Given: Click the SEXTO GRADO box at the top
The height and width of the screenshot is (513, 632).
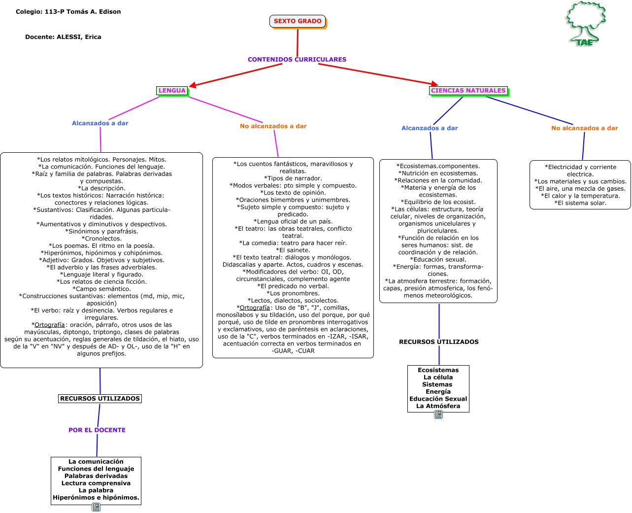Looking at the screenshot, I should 298,21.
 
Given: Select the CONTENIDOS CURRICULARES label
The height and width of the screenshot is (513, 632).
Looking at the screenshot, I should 297,60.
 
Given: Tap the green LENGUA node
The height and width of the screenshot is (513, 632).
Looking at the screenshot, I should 172,91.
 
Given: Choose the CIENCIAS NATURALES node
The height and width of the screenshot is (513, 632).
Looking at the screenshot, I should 468,91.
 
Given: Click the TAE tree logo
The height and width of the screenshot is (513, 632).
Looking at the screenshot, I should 585,24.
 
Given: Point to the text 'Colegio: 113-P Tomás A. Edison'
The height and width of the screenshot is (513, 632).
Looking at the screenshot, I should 68,12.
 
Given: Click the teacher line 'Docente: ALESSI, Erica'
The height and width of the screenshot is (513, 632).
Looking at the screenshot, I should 63,37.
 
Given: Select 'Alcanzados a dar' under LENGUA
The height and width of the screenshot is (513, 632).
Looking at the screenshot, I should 100,123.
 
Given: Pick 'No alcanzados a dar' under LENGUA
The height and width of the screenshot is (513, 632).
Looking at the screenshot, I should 273,126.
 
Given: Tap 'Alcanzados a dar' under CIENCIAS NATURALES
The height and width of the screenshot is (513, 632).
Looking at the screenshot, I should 430,128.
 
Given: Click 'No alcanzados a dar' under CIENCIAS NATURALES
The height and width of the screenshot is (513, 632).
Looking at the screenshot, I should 584,128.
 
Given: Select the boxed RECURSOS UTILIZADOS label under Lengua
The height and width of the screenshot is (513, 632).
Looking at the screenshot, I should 100,399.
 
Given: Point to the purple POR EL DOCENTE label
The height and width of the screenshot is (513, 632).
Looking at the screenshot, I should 97,430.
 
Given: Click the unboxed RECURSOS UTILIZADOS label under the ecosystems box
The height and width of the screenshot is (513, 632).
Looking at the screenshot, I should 438,342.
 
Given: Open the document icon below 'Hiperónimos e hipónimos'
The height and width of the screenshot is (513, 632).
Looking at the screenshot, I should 96,507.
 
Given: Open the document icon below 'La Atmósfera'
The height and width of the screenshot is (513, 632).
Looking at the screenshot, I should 438,415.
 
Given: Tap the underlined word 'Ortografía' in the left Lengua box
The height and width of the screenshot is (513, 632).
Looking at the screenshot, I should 50,325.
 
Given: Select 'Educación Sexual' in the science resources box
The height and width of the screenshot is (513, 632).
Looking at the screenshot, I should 438,399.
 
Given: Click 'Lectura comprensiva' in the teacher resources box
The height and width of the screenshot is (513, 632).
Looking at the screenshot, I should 96,483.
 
